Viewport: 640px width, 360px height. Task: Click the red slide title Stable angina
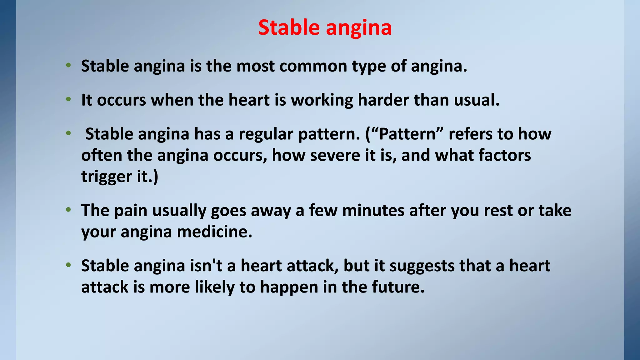point(325,27)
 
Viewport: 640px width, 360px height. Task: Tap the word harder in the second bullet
point(383,100)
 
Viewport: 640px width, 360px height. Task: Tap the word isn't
point(206,266)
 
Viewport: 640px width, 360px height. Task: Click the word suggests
point(422,266)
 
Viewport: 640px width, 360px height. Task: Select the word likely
point(214,287)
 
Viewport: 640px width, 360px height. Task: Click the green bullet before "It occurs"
point(68,100)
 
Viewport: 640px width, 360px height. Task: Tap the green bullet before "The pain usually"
point(68,210)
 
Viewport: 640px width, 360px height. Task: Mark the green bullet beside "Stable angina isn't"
point(68,265)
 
